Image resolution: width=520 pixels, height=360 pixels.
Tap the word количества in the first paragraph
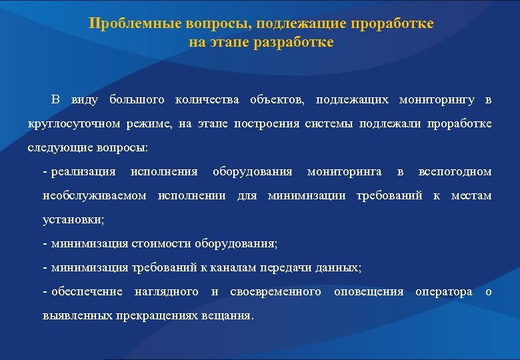click(207, 100)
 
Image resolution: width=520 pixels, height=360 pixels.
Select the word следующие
click(55, 147)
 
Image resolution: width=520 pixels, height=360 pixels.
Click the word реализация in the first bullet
click(83, 172)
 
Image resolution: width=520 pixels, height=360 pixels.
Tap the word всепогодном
click(455, 172)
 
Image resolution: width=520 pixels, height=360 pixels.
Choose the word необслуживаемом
click(93, 196)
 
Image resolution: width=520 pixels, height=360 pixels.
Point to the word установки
click(72, 219)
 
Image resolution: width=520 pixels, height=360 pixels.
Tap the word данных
click(340, 267)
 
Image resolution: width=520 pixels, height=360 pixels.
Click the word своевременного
click(275, 291)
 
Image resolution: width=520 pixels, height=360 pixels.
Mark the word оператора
click(443, 291)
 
